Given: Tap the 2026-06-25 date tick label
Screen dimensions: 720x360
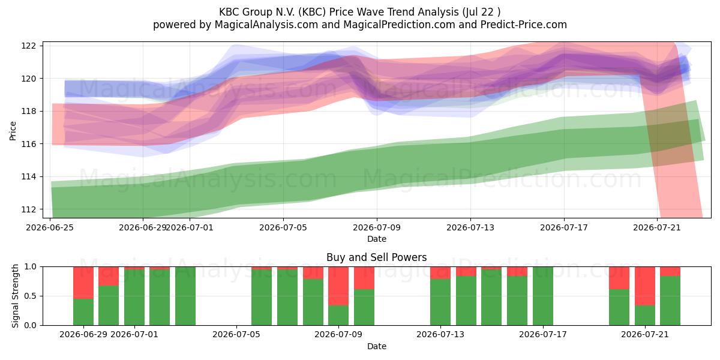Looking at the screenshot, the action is pos(50,227).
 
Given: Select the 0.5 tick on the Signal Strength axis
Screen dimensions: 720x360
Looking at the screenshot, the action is pos(31,296).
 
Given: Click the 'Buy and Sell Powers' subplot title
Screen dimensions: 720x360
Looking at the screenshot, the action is pos(376,257).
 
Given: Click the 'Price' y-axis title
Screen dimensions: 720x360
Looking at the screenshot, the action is pos(13,131).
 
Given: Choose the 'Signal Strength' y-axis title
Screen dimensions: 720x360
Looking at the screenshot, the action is pos(15,296).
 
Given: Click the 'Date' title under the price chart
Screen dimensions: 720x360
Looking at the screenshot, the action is pos(377,239).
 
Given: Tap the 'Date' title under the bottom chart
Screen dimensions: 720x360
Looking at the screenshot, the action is pos(377,346).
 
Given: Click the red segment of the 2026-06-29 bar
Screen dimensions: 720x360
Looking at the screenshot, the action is pos(83,283).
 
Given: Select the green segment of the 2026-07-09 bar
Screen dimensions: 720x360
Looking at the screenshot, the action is pos(338,316).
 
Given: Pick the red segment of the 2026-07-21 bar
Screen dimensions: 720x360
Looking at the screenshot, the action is pos(645,286).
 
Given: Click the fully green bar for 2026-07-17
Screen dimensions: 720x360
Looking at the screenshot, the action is pos(543,296).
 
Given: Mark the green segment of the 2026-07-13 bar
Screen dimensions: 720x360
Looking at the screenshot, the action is pos(440,302).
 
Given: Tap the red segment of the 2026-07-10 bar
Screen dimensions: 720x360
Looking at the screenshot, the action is pos(364,278).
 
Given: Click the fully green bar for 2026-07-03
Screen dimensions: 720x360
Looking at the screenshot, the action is pos(185,296).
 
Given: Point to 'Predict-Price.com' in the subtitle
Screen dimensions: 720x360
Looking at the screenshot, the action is pos(524,25).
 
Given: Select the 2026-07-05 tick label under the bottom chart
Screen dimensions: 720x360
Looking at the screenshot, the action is pos(236,335).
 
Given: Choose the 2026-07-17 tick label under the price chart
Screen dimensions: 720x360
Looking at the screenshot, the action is pos(564,227).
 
